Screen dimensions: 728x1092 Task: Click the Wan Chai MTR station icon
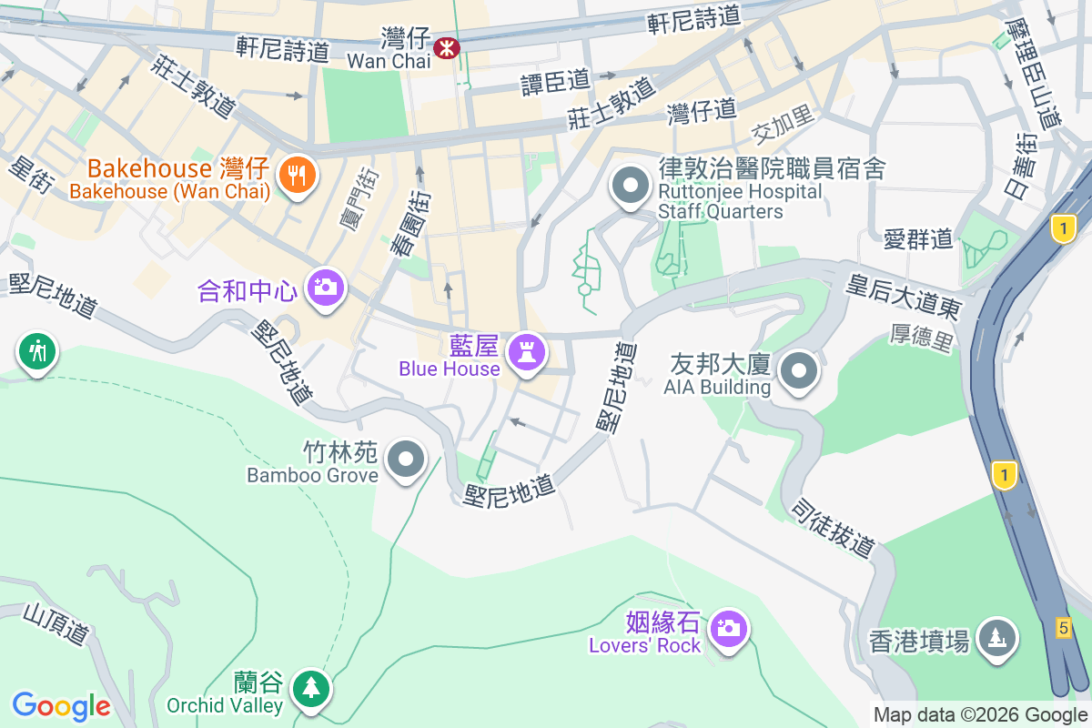click(x=447, y=47)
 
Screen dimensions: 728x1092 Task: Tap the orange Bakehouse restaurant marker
click(x=297, y=173)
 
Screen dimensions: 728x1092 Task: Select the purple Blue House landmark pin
click(x=525, y=351)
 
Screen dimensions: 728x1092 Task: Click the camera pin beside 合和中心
click(x=324, y=287)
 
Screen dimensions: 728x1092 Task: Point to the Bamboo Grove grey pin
click(x=406, y=459)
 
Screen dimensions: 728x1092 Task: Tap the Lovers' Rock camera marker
click(x=727, y=628)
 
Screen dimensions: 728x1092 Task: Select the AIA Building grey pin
click(x=800, y=370)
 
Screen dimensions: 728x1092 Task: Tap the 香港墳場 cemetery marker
click(x=998, y=637)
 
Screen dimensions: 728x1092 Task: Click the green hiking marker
click(x=37, y=350)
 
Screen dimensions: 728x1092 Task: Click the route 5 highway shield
click(x=1063, y=627)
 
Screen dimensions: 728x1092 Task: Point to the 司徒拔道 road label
click(x=833, y=528)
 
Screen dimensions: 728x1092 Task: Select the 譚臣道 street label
click(x=555, y=83)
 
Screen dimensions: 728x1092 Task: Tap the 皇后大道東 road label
click(x=903, y=298)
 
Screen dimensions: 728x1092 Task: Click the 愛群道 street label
click(x=918, y=238)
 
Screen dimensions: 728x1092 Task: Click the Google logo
click(x=61, y=705)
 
